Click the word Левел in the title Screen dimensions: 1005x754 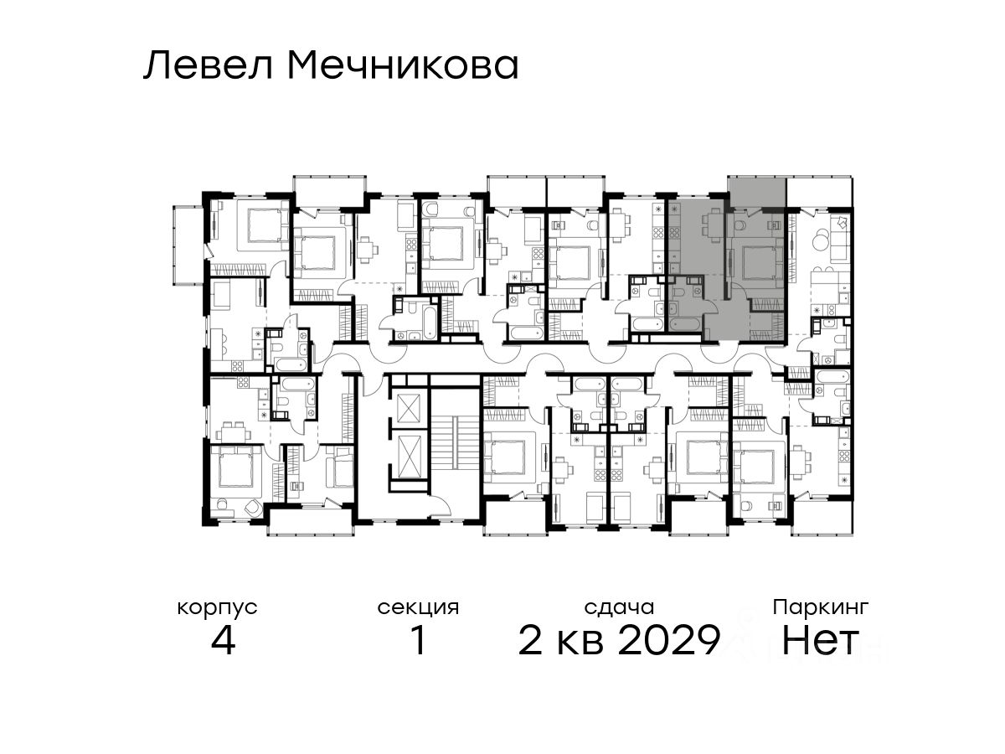click(x=208, y=66)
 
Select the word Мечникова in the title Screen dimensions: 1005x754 click(x=404, y=66)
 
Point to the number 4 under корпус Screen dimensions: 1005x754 click(x=223, y=641)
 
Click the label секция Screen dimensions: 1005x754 click(x=418, y=608)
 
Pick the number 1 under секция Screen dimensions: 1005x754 click(x=419, y=641)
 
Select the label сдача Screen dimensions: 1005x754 click(x=619, y=608)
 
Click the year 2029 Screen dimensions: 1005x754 click(x=669, y=641)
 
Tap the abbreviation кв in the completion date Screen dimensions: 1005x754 click(x=580, y=643)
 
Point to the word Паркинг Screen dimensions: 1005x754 click(x=821, y=608)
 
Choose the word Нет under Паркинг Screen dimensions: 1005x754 click(x=820, y=641)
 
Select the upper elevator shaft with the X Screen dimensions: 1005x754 click(x=409, y=407)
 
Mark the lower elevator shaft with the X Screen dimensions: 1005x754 click(x=409, y=457)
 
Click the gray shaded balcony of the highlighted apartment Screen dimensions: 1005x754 click(x=756, y=191)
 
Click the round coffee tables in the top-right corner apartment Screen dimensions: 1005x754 click(x=820, y=240)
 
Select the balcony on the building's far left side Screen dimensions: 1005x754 click(x=188, y=245)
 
